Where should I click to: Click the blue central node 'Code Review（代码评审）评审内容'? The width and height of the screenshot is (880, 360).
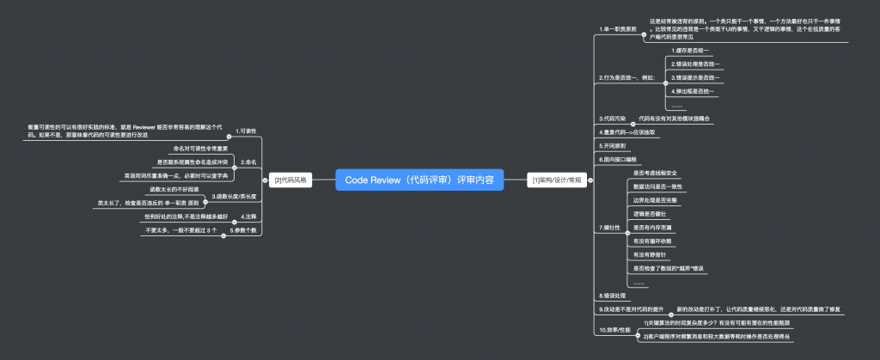419,180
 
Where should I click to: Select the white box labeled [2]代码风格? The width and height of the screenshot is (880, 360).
290,180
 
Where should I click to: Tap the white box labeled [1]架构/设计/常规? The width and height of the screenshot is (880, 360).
557,180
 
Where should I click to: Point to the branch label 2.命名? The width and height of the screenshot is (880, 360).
250,162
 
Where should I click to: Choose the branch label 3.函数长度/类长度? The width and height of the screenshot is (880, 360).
234,198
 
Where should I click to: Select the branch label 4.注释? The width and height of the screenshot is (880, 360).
249,217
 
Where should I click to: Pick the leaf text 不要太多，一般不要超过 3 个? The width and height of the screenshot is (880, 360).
181,231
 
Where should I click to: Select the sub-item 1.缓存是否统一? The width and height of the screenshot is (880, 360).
693,51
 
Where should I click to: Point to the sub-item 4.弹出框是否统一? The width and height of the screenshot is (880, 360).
693,91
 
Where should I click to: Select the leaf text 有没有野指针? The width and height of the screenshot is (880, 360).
651,254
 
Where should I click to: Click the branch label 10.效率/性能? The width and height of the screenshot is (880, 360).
615,329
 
